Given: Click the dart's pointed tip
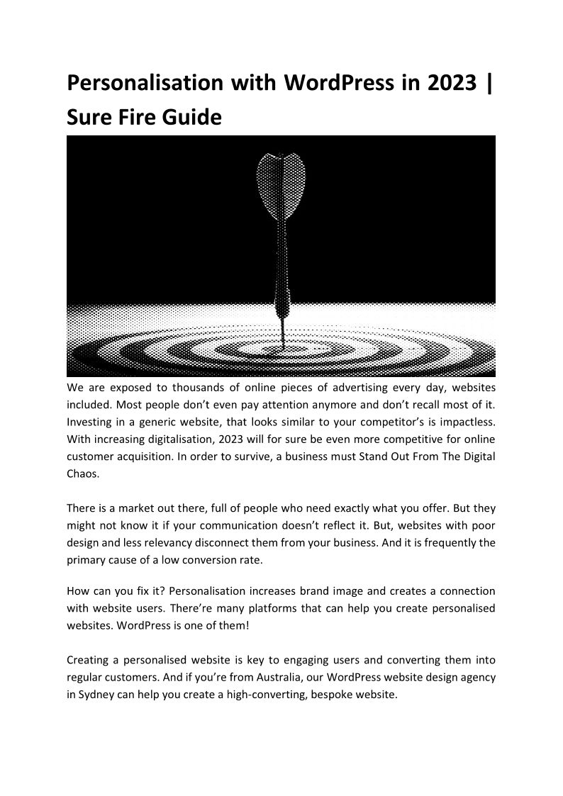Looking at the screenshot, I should click(283, 343).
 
